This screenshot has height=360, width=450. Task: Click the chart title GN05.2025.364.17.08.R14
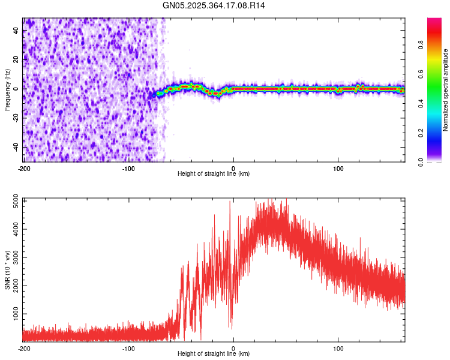click(x=214, y=5)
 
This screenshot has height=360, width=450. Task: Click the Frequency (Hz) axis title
click(x=7, y=90)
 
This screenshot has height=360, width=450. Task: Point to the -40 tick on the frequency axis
click(x=15, y=147)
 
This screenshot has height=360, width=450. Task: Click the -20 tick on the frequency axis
click(x=15, y=118)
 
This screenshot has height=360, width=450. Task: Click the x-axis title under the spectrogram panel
click(x=214, y=174)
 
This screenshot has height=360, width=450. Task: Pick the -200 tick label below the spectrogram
click(x=24, y=168)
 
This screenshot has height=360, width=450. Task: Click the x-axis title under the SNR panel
click(x=214, y=354)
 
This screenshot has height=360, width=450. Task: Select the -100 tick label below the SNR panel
click(x=128, y=348)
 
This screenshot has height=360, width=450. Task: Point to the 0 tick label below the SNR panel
click(x=233, y=348)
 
